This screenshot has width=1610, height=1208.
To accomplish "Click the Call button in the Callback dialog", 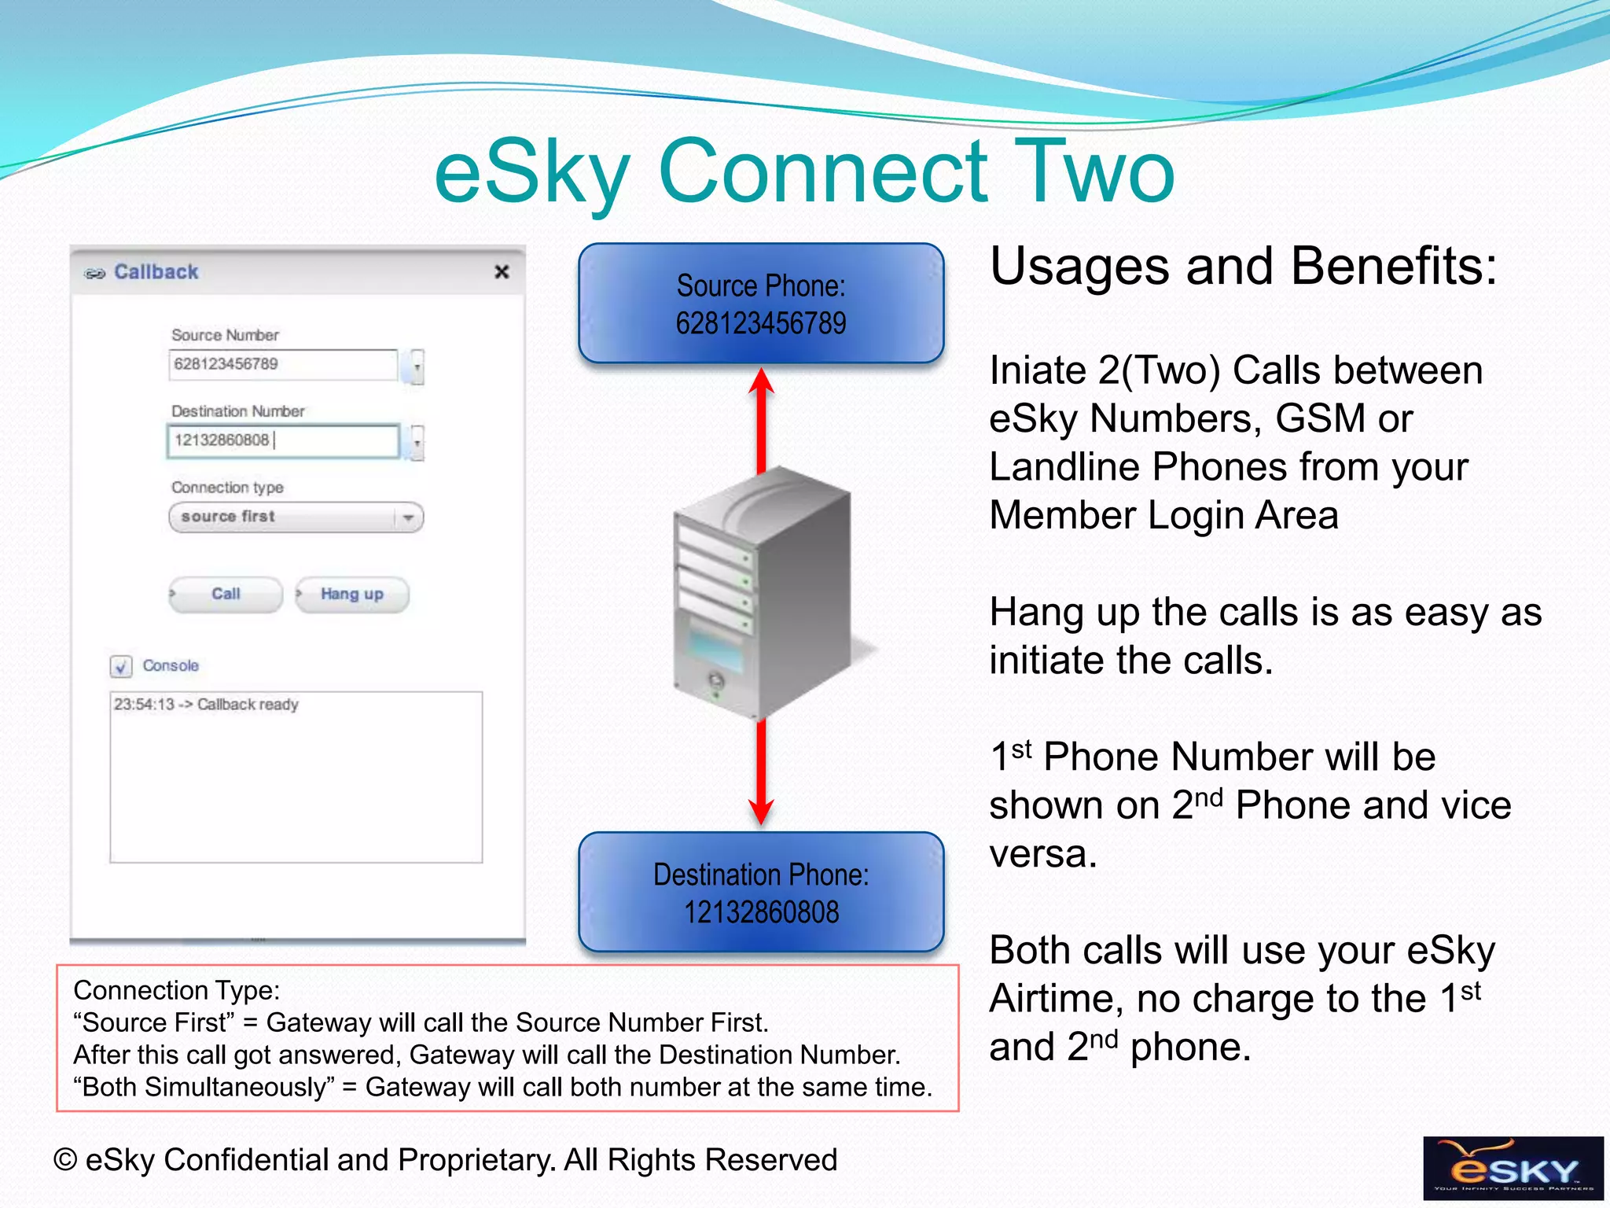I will [226, 595].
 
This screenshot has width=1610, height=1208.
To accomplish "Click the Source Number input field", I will [283, 365].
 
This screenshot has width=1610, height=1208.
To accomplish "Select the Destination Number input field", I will [283, 441].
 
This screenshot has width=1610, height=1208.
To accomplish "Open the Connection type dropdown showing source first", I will [296, 517].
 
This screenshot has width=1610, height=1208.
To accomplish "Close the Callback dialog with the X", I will [502, 272].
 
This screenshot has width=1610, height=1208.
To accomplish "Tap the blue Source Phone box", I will [761, 304].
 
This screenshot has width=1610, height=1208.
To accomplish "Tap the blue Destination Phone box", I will [761, 893].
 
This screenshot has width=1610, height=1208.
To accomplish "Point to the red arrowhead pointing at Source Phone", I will [761, 381].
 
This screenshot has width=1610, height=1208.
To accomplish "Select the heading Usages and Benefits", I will [1243, 266].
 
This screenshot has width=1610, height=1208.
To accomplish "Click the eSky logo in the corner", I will [1513, 1168].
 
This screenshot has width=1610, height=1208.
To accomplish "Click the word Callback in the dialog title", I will [156, 272].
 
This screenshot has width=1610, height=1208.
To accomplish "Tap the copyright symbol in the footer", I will [65, 1161].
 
